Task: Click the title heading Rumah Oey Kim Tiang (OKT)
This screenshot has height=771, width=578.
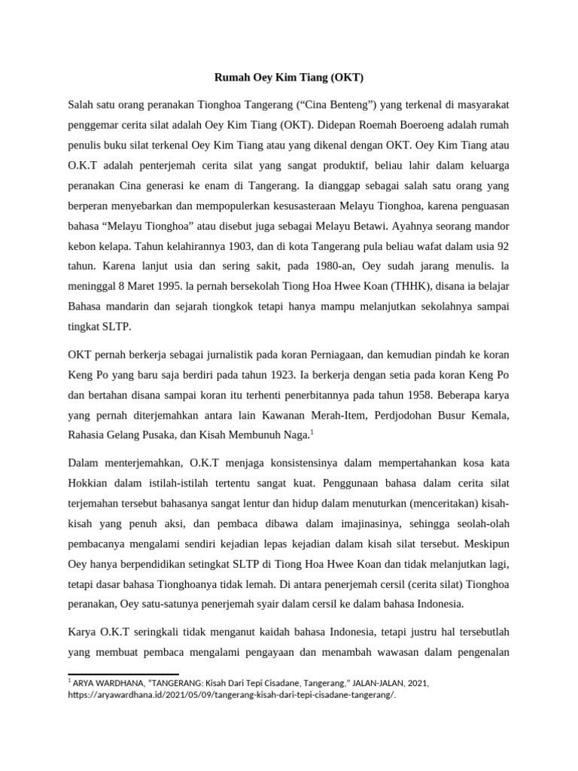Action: click(289, 77)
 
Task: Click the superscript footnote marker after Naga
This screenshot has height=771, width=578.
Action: click(312, 431)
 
